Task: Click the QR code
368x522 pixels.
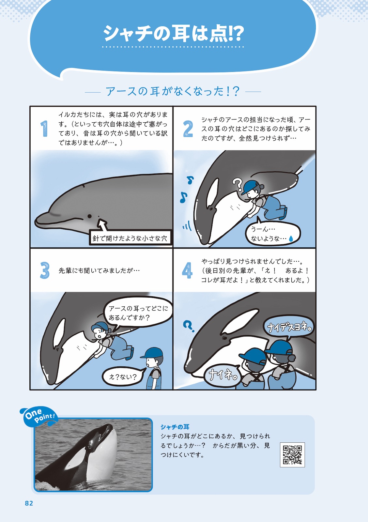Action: pyautogui.click(x=292, y=455)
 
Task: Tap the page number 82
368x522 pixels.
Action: pyautogui.click(x=29, y=503)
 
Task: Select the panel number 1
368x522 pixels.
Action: pyautogui.click(x=44, y=129)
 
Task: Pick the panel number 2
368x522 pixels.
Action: pyautogui.click(x=188, y=129)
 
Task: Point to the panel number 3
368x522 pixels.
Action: pyautogui.click(x=45, y=270)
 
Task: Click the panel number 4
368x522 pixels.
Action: pyautogui.click(x=187, y=270)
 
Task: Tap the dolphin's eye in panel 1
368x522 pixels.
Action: pyautogui.click(x=89, y=216)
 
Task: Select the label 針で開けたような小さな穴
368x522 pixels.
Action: pyautogui.click(x=130, y=238)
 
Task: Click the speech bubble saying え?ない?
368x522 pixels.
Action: pyautogui.click(x=123, y=377)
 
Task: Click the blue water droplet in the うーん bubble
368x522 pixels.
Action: pyautogui.click(x=291, y=239)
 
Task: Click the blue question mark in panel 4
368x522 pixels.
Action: pyautogui.click(x=188, y=325)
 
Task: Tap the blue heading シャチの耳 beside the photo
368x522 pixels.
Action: pyautogui.click(x=175, y=427)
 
